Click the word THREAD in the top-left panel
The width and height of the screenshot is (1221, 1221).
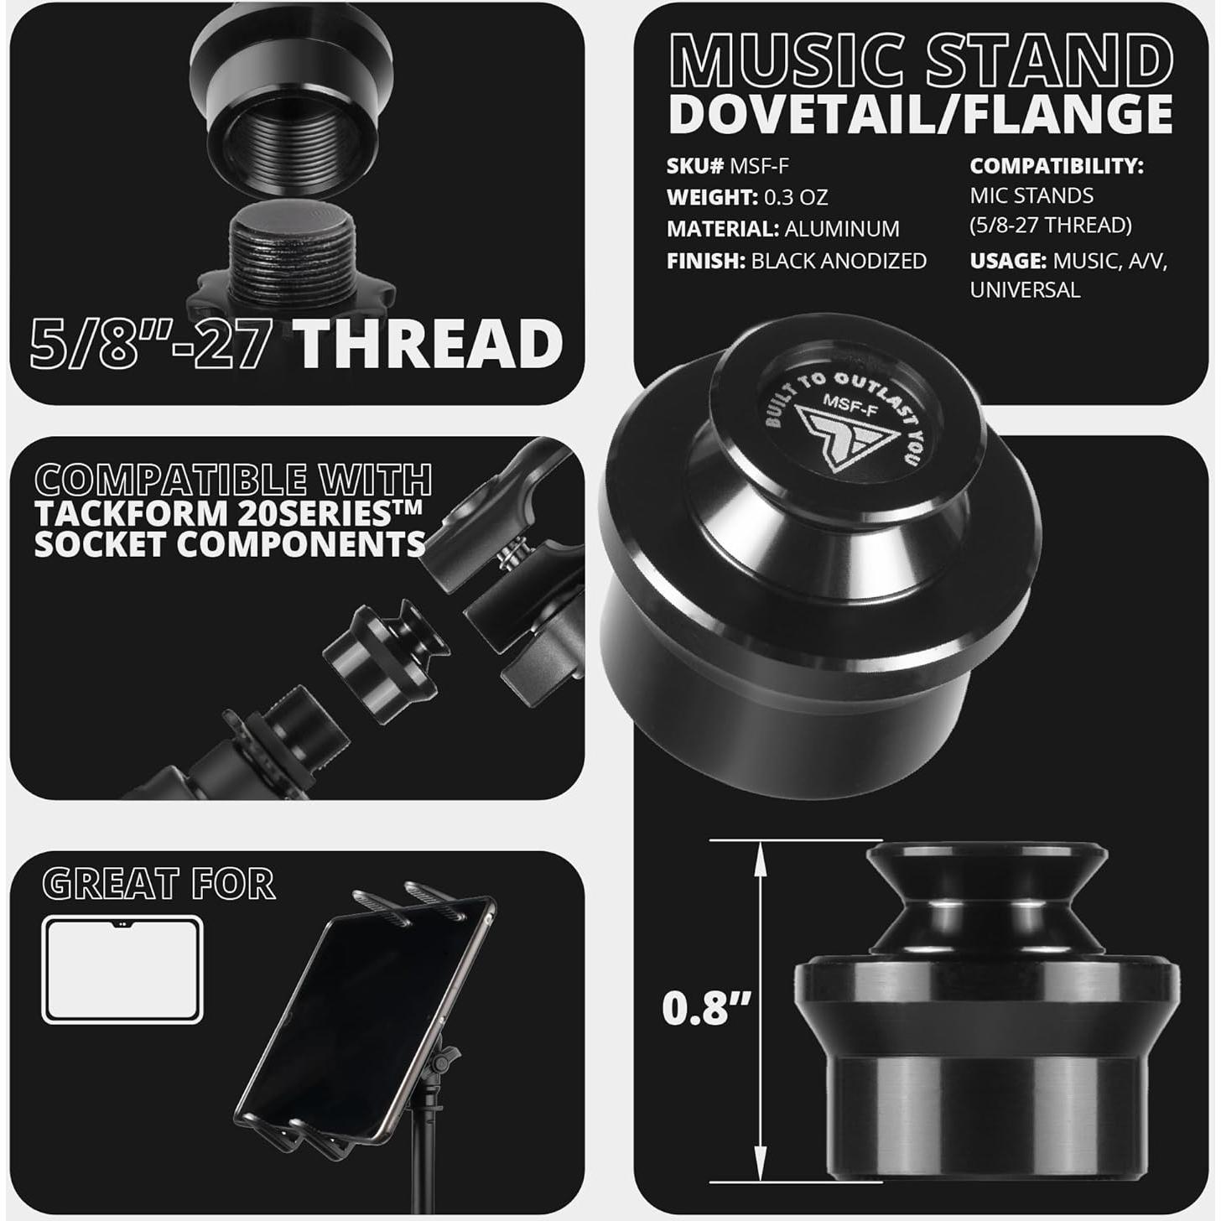tap(428, 344)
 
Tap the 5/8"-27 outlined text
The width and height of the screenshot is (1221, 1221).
tap(151, 344)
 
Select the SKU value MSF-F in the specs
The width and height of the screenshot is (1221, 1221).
tap(759, 166)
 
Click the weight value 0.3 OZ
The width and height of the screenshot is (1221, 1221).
tap(796, 198)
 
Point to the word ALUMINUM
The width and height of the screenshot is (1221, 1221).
tap(842, 229)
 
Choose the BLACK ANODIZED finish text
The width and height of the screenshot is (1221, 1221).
tap(839, 261)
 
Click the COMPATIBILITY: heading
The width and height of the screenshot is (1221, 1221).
tap(1057, 166)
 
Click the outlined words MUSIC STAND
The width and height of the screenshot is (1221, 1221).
tap(921, 60)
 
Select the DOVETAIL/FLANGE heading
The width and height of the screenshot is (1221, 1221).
tap(921, 115)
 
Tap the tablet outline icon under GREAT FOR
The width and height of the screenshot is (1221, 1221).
tap(122, 969)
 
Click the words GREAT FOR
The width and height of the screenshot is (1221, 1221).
tap(158, 884)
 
